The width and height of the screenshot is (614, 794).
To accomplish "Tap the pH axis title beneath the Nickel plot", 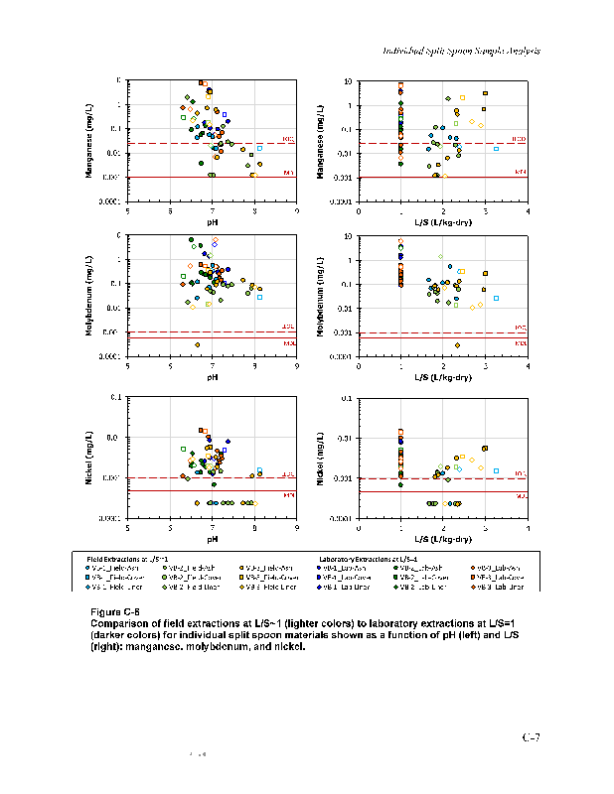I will coord(213,539).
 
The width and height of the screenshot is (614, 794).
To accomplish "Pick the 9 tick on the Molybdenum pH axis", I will coord(297,367).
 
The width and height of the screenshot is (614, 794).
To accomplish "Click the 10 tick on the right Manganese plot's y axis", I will coord(348,81).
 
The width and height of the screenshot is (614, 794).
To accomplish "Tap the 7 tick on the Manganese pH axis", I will coord(213,210).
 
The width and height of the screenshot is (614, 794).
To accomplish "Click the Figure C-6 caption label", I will coord(116,610).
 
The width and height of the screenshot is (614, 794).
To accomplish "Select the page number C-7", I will coord(532,736).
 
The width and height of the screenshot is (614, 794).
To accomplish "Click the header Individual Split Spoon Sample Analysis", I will coord(461,52).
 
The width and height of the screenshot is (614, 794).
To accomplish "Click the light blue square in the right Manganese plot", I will coord(496,148).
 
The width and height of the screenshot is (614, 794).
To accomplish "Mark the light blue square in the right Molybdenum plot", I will coord(496,298).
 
